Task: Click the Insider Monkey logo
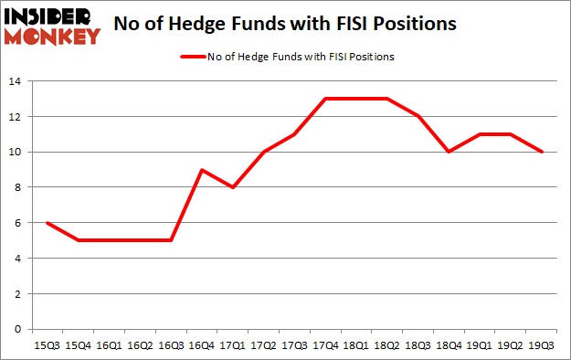point(51,25)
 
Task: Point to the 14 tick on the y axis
point(15,81)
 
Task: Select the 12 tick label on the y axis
point(15,116)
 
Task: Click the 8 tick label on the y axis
point(18,187)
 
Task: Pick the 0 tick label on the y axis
point(18,329)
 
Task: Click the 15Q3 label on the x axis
point(47,345)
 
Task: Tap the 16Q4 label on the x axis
point(202,345)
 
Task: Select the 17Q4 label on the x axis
point(326,345)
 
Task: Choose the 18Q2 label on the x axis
point(387,345)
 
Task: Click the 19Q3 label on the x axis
point(543,345)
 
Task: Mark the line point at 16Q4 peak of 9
point(202,170)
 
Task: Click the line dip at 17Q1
point(233,187)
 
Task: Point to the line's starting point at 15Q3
point(47,223)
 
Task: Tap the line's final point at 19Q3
point(543,152)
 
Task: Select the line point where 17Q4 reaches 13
point(326,99)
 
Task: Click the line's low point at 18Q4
point(449,152)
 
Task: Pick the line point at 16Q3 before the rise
point(171,240)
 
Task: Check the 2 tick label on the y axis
point(18,293)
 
